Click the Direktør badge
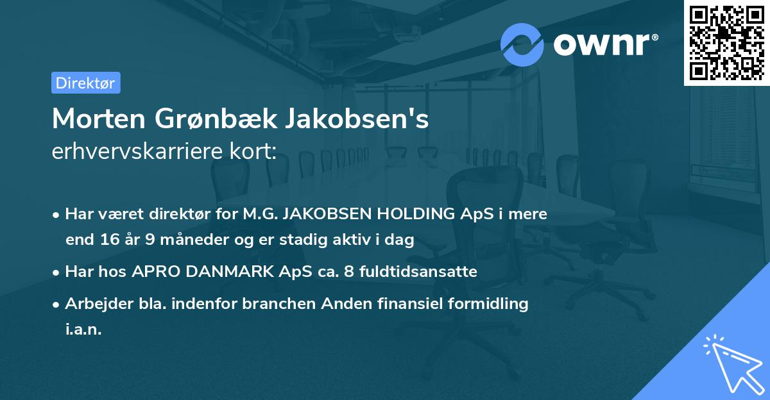coord(85,83)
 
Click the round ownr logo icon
coord(521,45)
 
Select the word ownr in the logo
coord(602,45)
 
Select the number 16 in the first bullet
coord(107,240)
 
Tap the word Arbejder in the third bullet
coord(94,304)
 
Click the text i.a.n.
coord(83,329)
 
